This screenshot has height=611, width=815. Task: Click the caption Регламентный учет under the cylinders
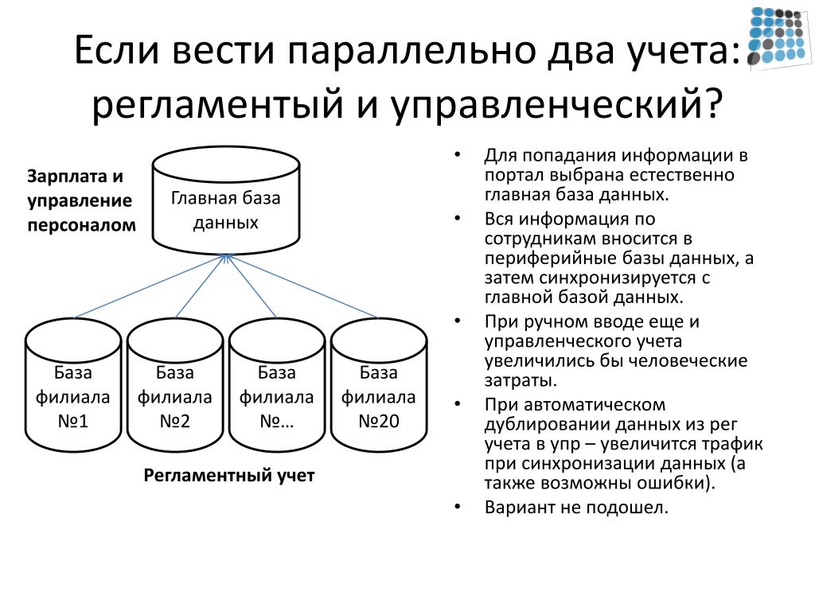click(x=229, y=476)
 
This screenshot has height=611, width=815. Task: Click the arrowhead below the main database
click(x=227, y=258)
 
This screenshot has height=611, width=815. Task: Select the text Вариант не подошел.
click(x=577, y=507)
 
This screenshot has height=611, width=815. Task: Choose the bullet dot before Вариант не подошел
click(x=458, y=507)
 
